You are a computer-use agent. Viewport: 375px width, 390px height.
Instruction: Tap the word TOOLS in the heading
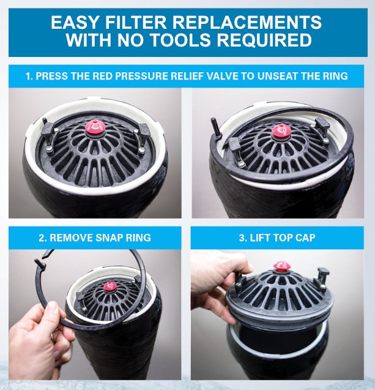point(180,40)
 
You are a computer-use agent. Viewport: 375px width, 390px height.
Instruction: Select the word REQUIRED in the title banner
point(265,40)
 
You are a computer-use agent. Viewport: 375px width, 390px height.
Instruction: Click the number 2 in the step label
point(42,238)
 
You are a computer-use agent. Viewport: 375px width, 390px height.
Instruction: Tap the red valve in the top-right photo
point(281,131)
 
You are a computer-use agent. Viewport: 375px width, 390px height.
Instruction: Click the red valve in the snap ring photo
point(110,287)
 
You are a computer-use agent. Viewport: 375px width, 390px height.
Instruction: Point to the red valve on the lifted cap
point(282,266)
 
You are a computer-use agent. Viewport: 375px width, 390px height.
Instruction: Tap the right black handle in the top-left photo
point(143,134)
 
